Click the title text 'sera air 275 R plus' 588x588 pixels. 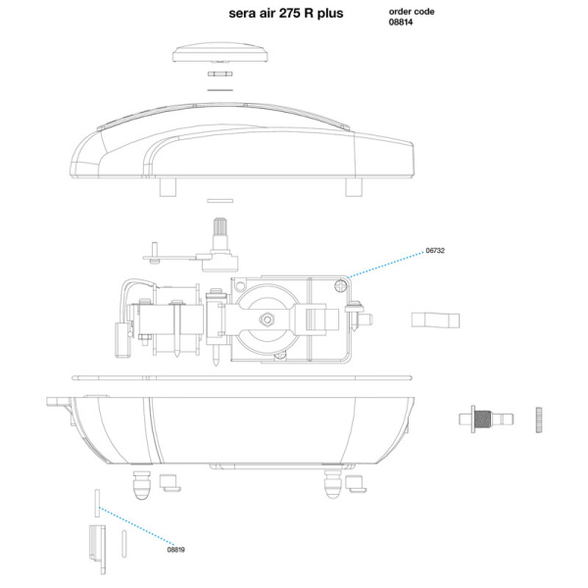pyautogui.click(x=286, y=13)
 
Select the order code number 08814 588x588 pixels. pyautogui.click(x=401, y=23)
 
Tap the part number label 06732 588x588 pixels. pyautogui.click(x=435, y=251)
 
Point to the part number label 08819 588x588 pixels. pyautogui.click(x=175, y=550)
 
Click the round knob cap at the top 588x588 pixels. pyautogui.click(x=220, y=52)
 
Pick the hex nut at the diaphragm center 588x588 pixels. pyautogui.click(x=267, y=319)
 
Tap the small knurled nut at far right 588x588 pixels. pyautogui.click(x=539, y=419)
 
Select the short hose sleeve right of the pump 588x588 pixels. pyautogui.click(x=435, y=319)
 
